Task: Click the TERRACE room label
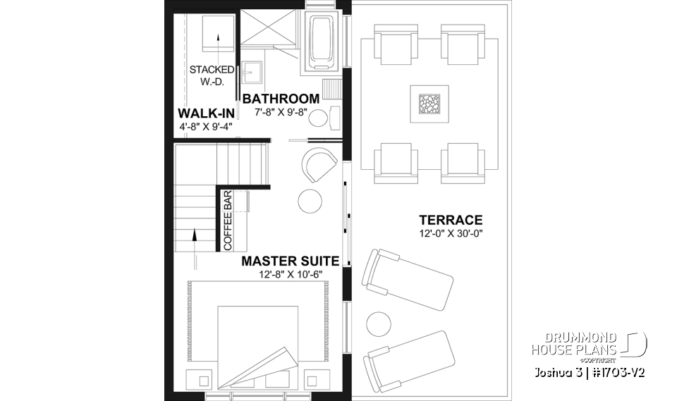coord(450,220)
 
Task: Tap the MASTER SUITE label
coord(290,261)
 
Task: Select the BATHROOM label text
coord(281,99)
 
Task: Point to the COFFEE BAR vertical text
coord(228,220)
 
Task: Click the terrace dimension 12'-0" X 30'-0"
coord(450,233)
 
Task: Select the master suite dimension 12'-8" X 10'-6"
coord(290,273)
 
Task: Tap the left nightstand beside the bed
coord(204,379)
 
